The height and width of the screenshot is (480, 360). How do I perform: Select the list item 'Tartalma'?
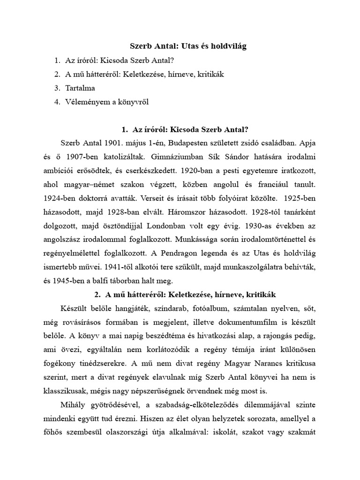tap(80, 88)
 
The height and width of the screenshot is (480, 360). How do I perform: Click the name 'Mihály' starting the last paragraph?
tap(73, 405)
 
